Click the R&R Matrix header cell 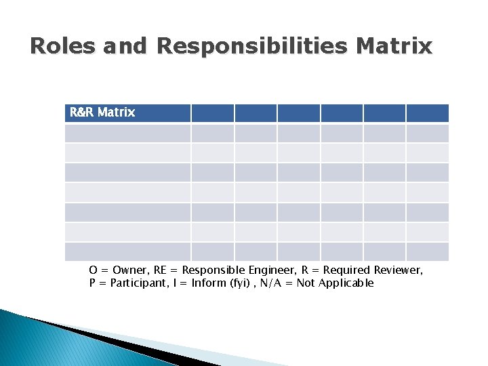coord(127,113)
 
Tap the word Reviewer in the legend coord(396,270)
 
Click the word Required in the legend coord(342,270)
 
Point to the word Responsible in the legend coord(214,270)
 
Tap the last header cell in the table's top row coord(427,113)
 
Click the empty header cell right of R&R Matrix coord(212,113)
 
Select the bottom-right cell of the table coord(427,251)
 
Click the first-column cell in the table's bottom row coord(127,251)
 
